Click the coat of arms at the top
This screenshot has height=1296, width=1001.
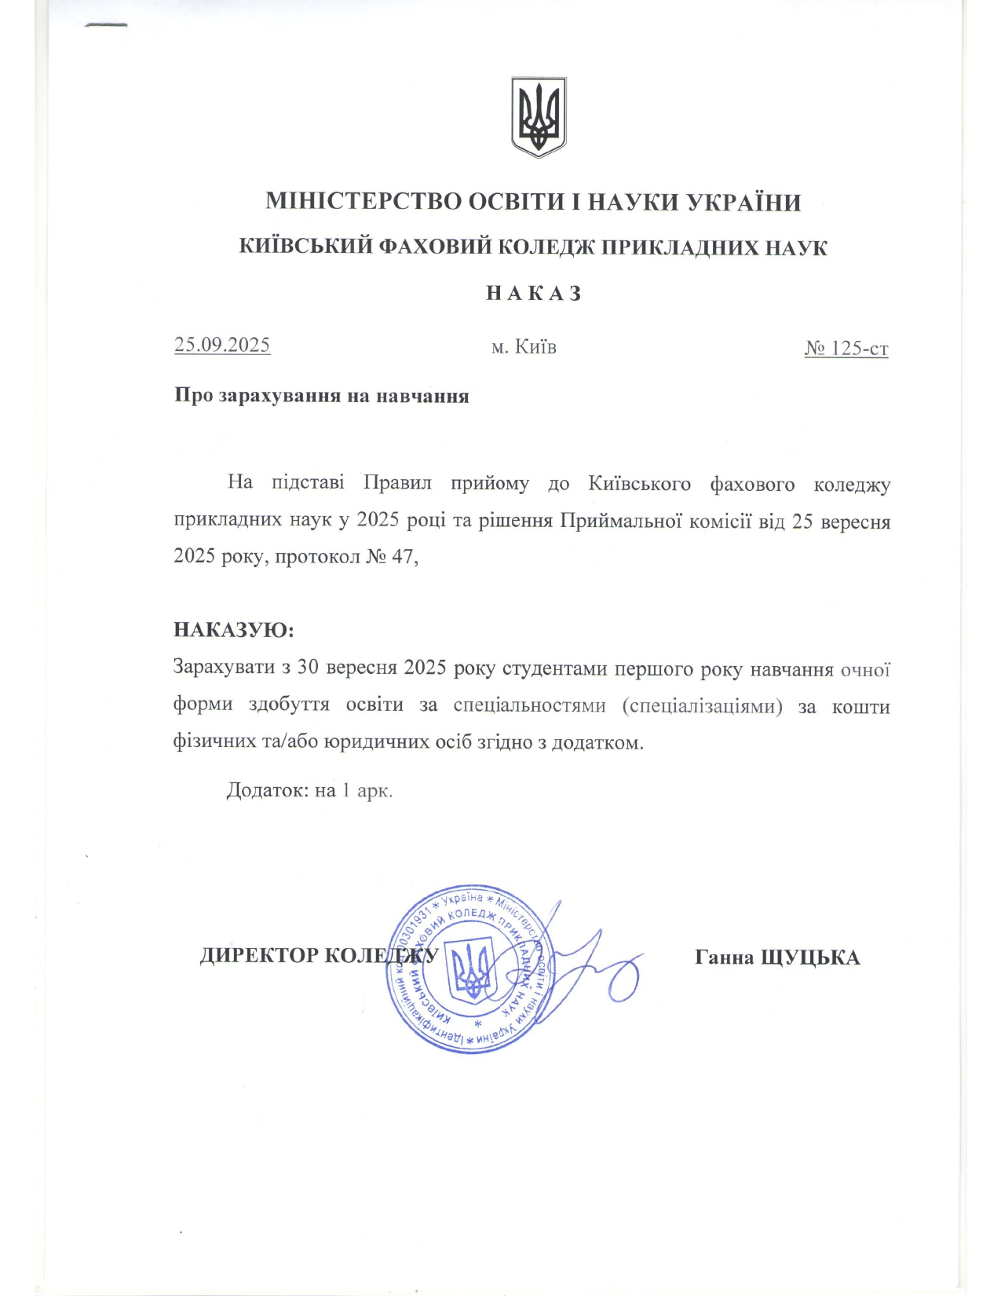539,117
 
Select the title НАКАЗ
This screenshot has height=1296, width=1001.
534,294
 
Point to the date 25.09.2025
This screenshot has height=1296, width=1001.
222,345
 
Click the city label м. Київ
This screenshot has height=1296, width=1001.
524,346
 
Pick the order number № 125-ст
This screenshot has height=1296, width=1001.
846,348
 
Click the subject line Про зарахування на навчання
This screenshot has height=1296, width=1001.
321,396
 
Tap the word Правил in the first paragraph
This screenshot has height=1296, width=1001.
397,482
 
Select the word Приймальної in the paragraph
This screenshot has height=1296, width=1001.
619,522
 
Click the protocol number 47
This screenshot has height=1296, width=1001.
402,558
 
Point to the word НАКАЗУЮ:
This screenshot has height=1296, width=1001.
233,631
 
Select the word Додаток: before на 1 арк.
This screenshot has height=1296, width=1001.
268,790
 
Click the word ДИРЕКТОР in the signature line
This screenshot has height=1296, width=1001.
259,956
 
